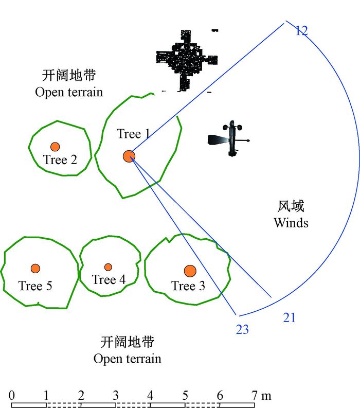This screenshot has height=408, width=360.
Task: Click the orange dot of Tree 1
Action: pos(129,156)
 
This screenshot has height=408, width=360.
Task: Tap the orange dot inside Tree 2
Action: pos(55,147)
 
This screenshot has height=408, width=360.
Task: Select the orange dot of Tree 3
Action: pos(190,271)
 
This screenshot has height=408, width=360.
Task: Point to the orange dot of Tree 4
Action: pos(108,267)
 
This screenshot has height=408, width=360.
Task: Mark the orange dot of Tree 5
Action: pos(35,268)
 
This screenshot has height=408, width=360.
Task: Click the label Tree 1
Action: pos(133,134)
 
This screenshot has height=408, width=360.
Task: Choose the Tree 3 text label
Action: pos(188,286)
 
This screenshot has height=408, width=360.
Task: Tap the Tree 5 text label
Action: pos(35,286)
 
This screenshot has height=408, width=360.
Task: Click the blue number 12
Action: pos(301,31)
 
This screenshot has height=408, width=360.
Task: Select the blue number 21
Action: pos(289,318)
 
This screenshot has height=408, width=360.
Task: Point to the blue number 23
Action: pos(242,330)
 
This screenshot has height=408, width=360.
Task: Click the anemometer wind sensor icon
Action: pos(230,139)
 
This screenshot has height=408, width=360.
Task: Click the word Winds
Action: pos(291,223)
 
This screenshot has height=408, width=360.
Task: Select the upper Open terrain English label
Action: pos(69,92)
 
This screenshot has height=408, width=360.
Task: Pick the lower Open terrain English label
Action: pos(127,359)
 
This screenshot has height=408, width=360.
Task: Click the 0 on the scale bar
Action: pos(11,396)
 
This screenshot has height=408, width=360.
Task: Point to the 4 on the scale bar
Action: pos(150,396)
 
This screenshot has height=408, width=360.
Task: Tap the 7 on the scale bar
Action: pos(254,396)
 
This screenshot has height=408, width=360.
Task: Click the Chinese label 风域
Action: pos(291,207)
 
